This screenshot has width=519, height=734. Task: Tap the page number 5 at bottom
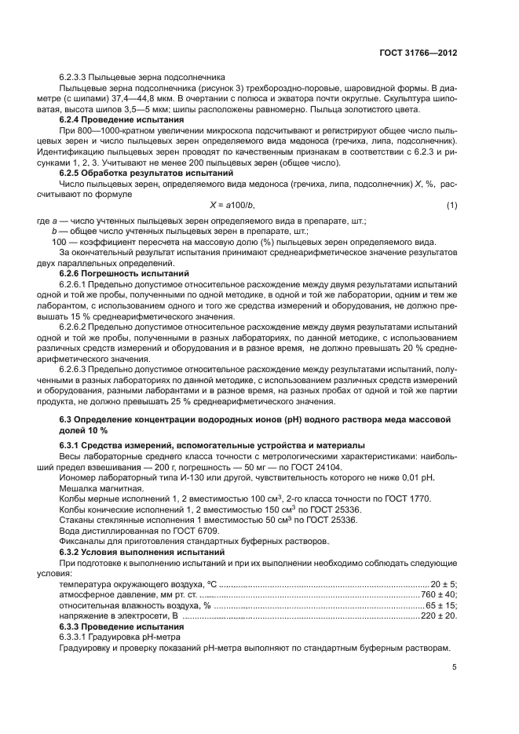[455, 667]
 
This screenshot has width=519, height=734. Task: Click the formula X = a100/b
[232, 205]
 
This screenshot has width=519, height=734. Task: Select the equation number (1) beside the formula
[451, 205]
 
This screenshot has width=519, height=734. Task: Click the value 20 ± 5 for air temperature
[444, 584]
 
